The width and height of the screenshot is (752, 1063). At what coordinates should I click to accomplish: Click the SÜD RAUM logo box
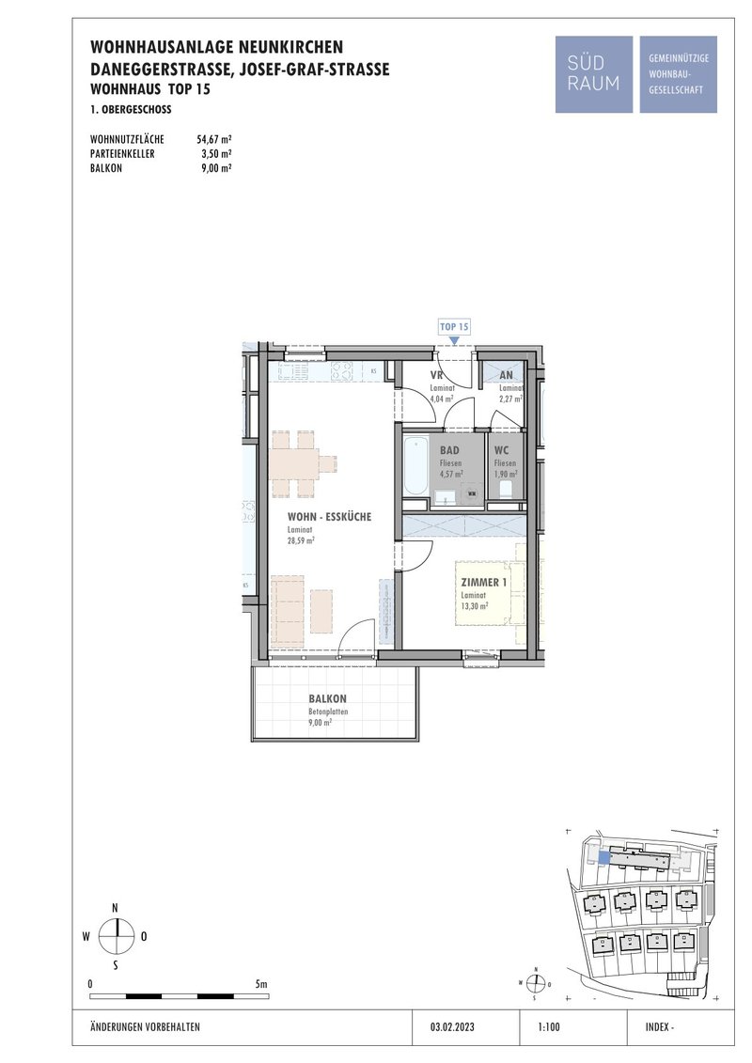tap(593, 74)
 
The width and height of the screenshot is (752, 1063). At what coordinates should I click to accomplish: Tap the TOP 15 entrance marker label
tap(454, 327)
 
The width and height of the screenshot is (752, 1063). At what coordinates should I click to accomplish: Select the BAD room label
tap(449, 450)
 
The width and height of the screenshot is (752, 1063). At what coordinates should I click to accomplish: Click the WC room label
tap(502, 450)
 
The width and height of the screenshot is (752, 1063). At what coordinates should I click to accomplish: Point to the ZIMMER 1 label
tap(483, 583)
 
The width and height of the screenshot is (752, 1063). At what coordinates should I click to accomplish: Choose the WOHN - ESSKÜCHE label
tap(330, 517)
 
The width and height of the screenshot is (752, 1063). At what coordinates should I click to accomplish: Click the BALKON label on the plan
tap(327, 698)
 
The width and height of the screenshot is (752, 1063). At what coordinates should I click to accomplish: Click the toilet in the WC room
tap(505, 490)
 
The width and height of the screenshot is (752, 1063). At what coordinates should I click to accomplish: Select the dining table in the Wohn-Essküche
tap(296, 464)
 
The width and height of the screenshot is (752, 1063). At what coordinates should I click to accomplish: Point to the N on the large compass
tap(116, 908)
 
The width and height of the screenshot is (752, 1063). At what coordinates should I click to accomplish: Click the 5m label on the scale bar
tap(260, 984)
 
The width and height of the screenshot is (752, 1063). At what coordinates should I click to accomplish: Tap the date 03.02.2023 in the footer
tap(451, 1027)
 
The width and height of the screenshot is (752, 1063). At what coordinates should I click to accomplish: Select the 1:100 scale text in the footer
tap(549, 1027)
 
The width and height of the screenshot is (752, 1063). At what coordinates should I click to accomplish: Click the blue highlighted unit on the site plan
tap(604, 857)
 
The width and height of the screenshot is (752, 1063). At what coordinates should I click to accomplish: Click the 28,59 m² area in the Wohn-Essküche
tap(301, 541)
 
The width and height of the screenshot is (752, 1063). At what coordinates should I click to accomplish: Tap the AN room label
tap(506, 375)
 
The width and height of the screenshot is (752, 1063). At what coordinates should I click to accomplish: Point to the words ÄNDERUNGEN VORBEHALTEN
tap(145, 1027)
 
